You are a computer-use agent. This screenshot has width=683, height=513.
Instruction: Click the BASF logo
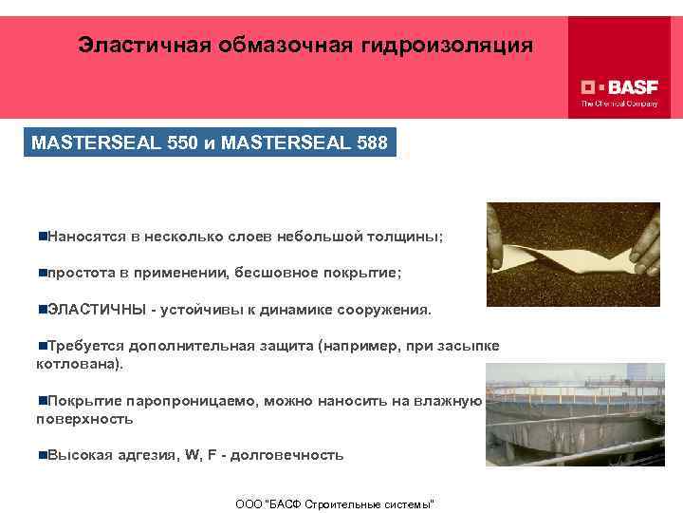pyautogui.click(x=619, y=85)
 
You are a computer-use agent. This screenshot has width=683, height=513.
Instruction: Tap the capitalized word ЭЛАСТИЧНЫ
pyautogui.click(x=96, y=310)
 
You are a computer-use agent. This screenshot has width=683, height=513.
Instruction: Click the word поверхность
pyautogui.click(x=83, y=418)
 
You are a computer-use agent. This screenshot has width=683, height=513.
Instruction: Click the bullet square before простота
pyautogui.click(x=43, y=273)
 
